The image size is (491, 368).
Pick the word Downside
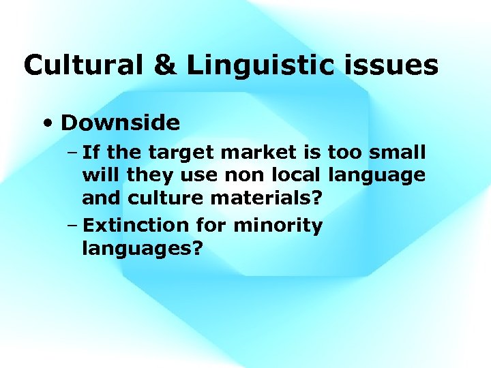(x=120, y=123)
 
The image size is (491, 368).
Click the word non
(x=242, y=174)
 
